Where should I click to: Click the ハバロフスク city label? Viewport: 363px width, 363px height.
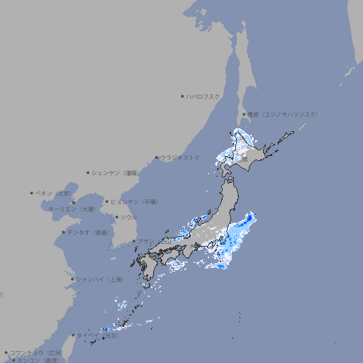(203, 96)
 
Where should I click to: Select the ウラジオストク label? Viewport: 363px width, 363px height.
(180, 157)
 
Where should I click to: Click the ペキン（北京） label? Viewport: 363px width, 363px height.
(54, 193)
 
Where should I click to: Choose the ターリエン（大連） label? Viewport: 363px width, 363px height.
(72, 209)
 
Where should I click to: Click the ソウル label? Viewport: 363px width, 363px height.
(128, 218)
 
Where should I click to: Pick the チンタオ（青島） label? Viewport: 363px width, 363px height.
(89, 233)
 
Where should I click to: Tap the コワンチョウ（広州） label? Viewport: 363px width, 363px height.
(36, 352)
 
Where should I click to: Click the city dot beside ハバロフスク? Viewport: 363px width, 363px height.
(182, 96)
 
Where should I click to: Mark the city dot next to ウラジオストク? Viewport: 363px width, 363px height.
(157, 157)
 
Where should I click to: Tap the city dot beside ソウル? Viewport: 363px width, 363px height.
(116, 218)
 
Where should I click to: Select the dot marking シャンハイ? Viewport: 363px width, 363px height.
(72, 279)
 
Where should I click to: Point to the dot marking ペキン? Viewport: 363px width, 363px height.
(32, 193)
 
